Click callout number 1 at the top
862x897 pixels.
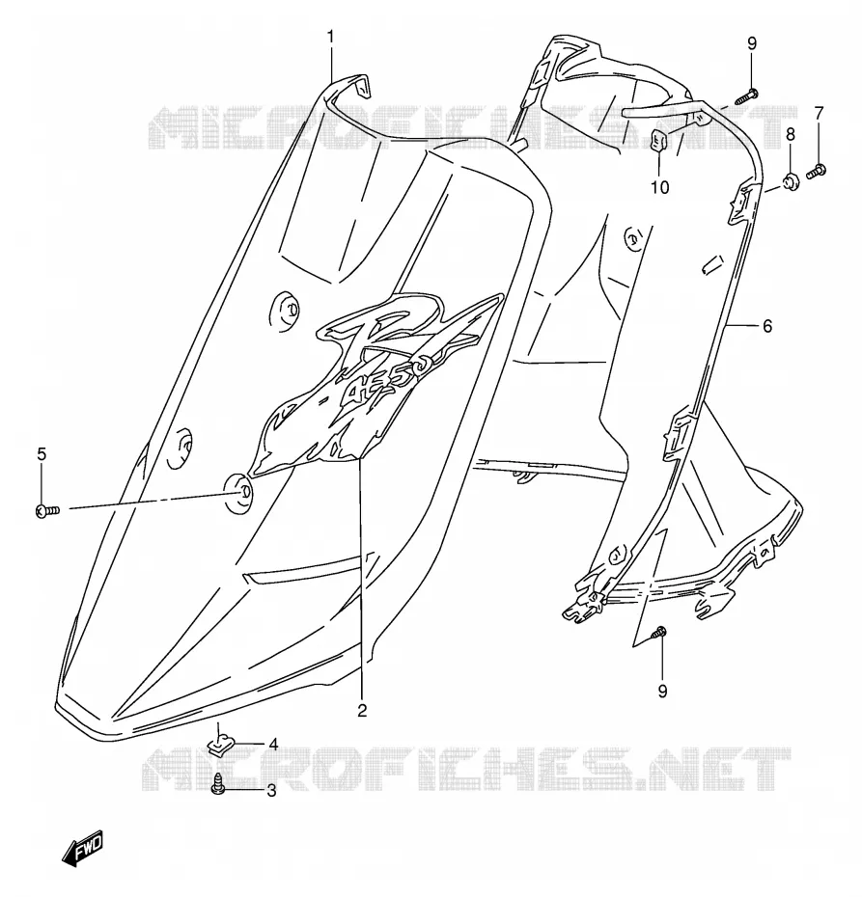(x=330, y=38)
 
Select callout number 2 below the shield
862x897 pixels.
(x=362, y=711)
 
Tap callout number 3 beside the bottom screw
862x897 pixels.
(x=271, y=791)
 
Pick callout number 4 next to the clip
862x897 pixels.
(x=273, y=745)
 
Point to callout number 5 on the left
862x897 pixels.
(x=42, y=454)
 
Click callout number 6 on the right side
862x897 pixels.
(x=767, y=326)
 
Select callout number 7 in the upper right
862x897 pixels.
(x=819, y=113)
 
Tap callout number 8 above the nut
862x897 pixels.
(x=791, y=134)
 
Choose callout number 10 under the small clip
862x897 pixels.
(x=660, y=187)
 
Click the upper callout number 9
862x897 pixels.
(x=752, y=43)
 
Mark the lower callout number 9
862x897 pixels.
(x=662, y=692)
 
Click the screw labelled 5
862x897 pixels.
(x=47, y=511)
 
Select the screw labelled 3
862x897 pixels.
(x=217, y=784)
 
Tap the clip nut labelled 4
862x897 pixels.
(x=218, y=746)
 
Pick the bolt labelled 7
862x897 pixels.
(x=817, y=171)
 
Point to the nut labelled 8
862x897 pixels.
(x=791, y=183)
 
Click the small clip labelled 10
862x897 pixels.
(x=658, y=139)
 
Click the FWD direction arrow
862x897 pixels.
(x=83, y=846)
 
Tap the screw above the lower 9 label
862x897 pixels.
(x=658, y=633)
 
